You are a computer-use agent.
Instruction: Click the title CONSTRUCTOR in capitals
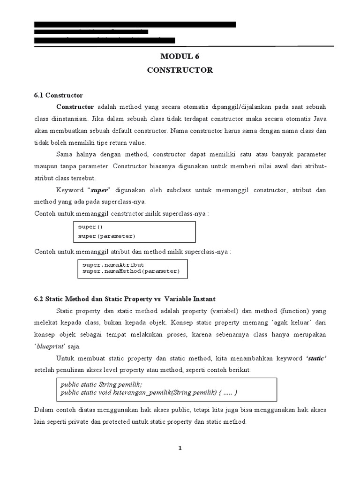coord(180,70)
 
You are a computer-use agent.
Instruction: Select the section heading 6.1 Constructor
coord(59,95)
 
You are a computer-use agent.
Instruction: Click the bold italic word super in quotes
coord(99,190)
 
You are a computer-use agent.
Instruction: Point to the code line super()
coord(87,227)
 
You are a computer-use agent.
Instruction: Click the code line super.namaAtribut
coord(113,265)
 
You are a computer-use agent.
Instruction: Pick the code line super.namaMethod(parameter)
coord(131,271)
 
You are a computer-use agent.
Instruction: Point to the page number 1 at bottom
coord(180,448)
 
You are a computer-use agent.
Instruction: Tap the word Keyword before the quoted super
coord(69,190)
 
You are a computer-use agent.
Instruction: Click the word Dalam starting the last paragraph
coord(45,410)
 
